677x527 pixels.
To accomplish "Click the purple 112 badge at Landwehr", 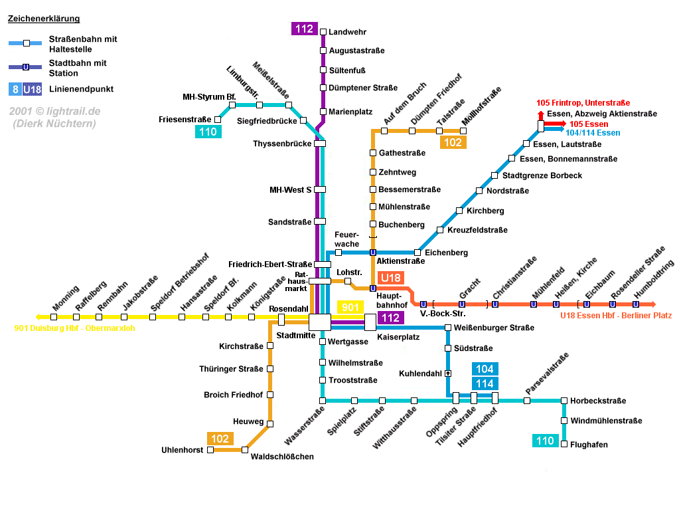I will click(305, 29).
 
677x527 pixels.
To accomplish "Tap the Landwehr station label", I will click(348, 32).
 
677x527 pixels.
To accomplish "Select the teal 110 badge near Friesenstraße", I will click(208, 132).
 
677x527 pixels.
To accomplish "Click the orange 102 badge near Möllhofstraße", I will click(453, 142).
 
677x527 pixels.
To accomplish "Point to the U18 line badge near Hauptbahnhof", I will click(390, 278).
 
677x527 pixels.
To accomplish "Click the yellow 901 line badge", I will click(351, 307).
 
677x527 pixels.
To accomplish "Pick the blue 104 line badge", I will click(485, 369).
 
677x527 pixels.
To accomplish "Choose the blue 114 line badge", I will click(485, 383).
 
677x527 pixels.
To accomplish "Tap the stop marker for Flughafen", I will click(564, 445).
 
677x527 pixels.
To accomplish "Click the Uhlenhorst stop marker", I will click(211, 450).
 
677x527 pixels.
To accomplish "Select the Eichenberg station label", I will click(446, 253).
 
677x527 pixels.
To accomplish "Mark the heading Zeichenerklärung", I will click(44, 19).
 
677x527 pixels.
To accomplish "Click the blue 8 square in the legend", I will click(15, 89).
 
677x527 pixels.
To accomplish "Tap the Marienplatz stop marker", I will click(323, 112).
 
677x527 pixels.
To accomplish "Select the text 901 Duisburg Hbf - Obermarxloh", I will click(74, 328).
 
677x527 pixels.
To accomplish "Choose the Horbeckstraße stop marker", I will click(564, 401).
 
